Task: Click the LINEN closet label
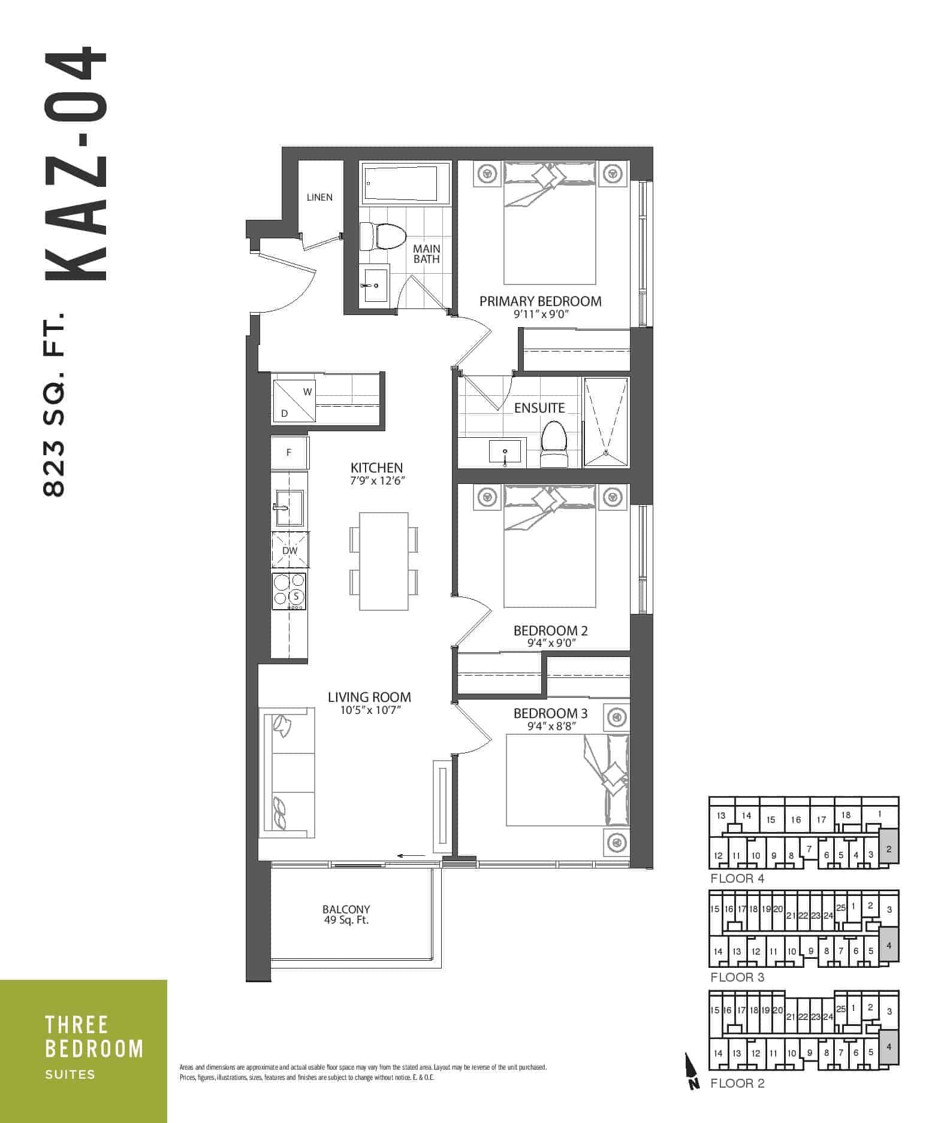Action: (319, 197)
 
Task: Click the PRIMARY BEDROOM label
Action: (540, 301)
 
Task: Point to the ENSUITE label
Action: (539, 408)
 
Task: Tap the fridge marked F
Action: (289, 453)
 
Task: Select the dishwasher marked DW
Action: (289, 550)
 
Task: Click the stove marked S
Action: (289, 591)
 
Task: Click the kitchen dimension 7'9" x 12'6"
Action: (377, 481)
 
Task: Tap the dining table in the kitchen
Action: (384, 561)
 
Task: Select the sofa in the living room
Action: (287, 773)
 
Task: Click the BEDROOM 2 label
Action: (550, 631)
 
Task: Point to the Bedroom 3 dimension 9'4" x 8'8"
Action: (550, 727)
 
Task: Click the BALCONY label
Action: (346, 909)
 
